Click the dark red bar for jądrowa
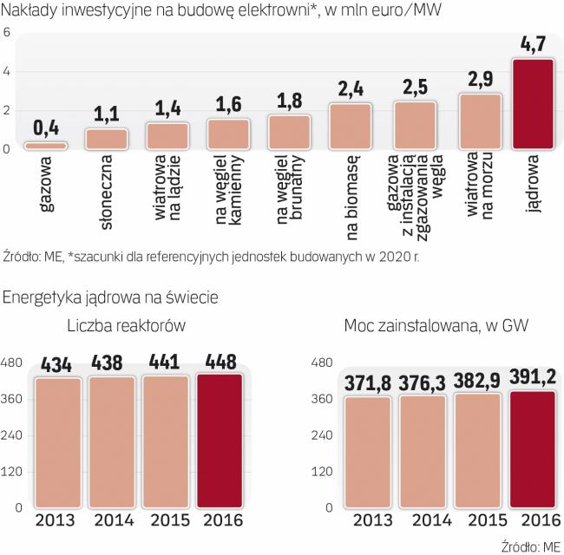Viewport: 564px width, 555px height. point(533,104)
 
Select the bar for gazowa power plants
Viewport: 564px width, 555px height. point(44,146)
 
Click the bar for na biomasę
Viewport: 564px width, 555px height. point(350,127)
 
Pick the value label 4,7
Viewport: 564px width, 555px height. point(533,45)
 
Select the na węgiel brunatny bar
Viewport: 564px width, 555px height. point(289,132)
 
